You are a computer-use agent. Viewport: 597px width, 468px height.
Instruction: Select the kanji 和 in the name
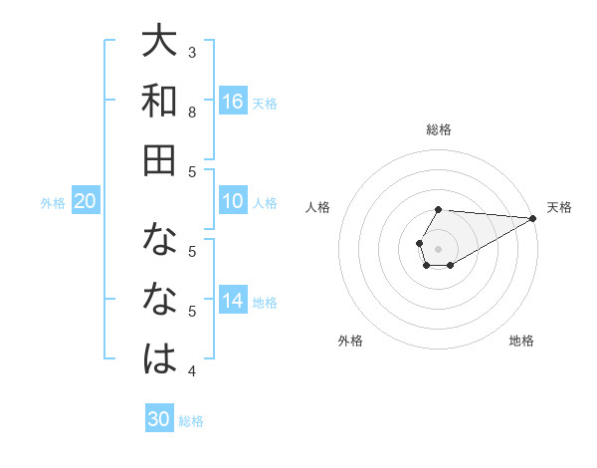tap(159, 101)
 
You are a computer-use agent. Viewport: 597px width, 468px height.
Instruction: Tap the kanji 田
tap(159, 159)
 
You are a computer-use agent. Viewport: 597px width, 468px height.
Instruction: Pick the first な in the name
tap(159, 241)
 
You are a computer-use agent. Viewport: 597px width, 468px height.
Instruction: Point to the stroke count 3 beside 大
tap(192, 52)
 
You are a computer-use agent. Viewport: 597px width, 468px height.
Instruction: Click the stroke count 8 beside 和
tap(192, 112)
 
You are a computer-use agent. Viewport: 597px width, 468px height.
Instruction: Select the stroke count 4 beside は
tap(192, 371)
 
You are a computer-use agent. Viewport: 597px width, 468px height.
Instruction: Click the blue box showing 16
tap(233, 101)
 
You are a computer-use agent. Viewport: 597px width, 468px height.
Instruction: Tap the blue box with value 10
tap(233, 201)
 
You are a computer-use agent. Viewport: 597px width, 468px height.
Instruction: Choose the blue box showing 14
tap(233, 301)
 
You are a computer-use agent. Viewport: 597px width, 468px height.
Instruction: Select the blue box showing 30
tap(159, 419)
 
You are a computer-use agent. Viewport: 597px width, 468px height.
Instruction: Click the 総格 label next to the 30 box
tap(191, 421)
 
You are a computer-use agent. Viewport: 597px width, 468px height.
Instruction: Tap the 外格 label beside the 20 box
tap(53, 203)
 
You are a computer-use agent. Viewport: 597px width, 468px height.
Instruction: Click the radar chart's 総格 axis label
tap(438, 129)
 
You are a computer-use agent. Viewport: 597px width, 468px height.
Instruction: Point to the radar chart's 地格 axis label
tap(521, 342)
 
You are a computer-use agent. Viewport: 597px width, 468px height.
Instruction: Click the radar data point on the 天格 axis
tap(533, 218)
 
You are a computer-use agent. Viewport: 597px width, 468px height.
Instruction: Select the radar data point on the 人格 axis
tap(419, 242)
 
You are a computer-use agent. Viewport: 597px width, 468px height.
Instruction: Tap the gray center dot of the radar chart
tap(438, 247)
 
